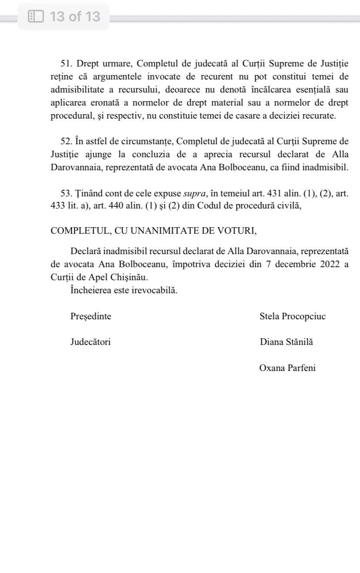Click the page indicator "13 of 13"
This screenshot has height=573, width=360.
(75, 17)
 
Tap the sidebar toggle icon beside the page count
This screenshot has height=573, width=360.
(36, 17)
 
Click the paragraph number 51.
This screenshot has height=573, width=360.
(66, 64)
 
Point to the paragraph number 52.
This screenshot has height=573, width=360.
(66, 142)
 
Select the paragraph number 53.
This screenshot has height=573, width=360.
(66, 193)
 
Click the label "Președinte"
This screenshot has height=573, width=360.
(91, 316)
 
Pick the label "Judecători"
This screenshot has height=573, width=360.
(90, 342)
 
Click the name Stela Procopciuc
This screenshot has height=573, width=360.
(293, 316)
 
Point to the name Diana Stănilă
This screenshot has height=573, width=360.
(287, 342)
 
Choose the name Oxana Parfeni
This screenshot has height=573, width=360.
(287, 368)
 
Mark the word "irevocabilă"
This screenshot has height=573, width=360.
(154, 291)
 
